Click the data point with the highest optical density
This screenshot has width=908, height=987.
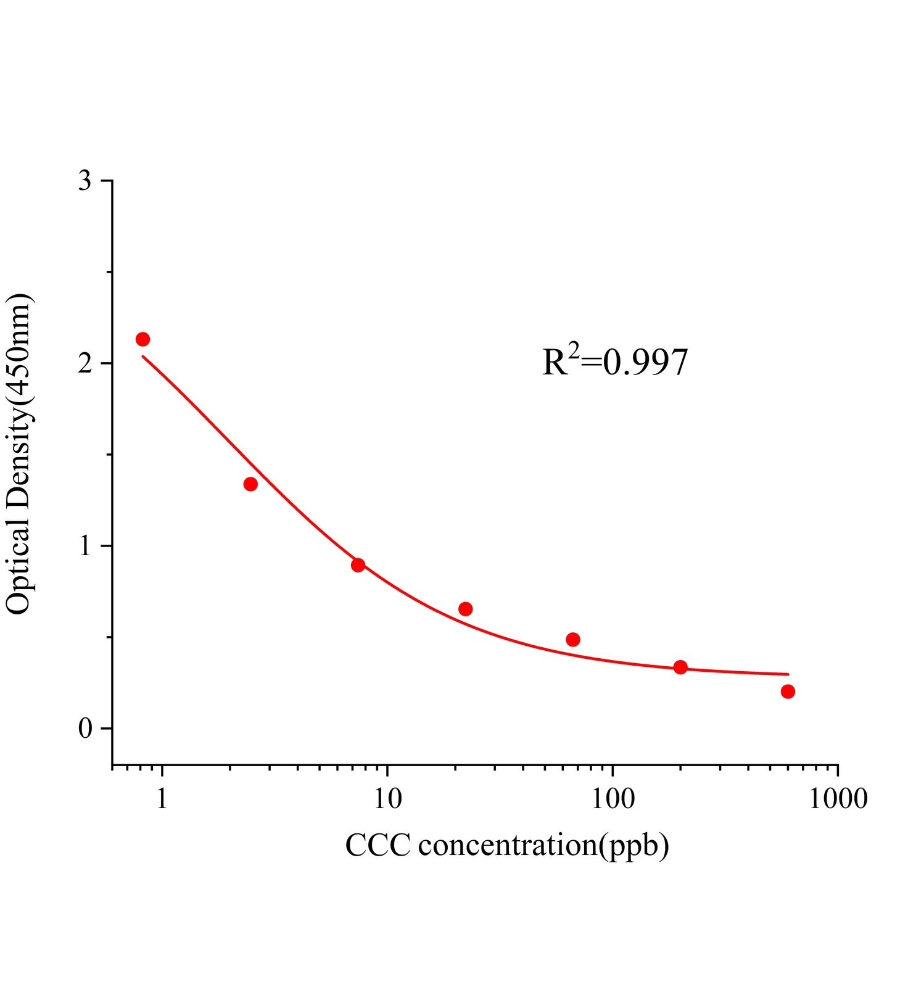point(142,339)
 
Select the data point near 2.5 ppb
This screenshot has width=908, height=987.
point(250,484)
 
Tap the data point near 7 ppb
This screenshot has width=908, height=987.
point(358,565)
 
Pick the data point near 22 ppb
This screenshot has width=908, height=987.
point(466,609)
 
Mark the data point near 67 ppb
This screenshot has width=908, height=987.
point(573,639)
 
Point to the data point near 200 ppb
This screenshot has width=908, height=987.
point(680,667)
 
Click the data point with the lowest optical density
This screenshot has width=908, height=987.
point(788,692)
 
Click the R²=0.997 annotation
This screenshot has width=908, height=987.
point(615,362)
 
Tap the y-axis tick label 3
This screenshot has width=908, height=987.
point(85,181)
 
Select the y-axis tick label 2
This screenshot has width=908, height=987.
point(85,364)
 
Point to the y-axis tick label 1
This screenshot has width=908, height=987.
point(85,547)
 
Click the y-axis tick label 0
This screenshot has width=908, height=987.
point(85,729)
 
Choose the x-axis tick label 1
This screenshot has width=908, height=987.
point(162,799)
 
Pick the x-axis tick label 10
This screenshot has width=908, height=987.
point(387,799)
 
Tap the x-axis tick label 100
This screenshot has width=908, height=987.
point(613,799)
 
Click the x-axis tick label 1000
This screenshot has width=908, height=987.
point(838,799)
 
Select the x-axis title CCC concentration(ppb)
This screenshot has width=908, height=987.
point(507,845)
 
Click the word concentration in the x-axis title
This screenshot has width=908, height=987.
point(506,845)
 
